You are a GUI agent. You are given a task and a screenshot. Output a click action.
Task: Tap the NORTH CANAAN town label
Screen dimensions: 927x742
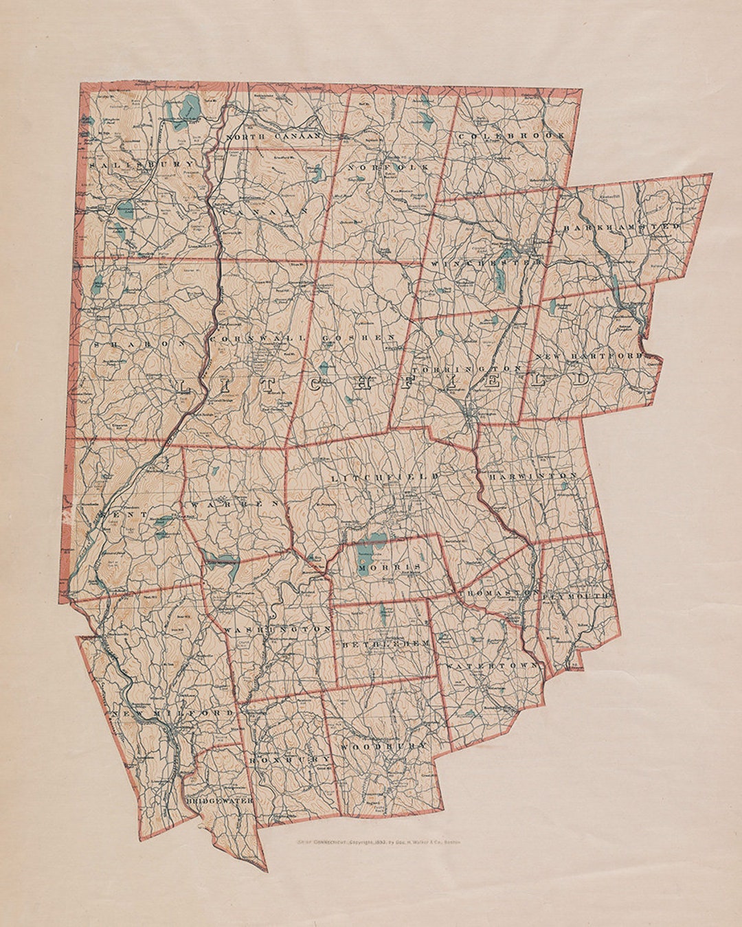pyautogui.click(x=273, y=137)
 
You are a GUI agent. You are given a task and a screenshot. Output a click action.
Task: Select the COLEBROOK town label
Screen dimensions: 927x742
pyautogui.click(x=512, y=136)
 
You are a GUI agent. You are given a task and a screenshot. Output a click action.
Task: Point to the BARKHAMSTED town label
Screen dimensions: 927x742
pyautogui.click(x=622, y=226)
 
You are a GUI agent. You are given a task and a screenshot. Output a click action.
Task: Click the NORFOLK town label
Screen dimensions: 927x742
pyautogui.click(x=388, y=167)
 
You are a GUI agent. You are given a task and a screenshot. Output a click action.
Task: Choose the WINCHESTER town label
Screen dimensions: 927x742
pyautogui.click(x=487, y=262)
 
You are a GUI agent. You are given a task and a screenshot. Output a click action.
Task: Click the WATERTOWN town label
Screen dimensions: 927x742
pyautogui.click(x=493, y=666)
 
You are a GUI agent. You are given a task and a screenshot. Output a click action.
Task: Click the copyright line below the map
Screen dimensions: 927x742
pyautogui.click(x=376, y=841)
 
